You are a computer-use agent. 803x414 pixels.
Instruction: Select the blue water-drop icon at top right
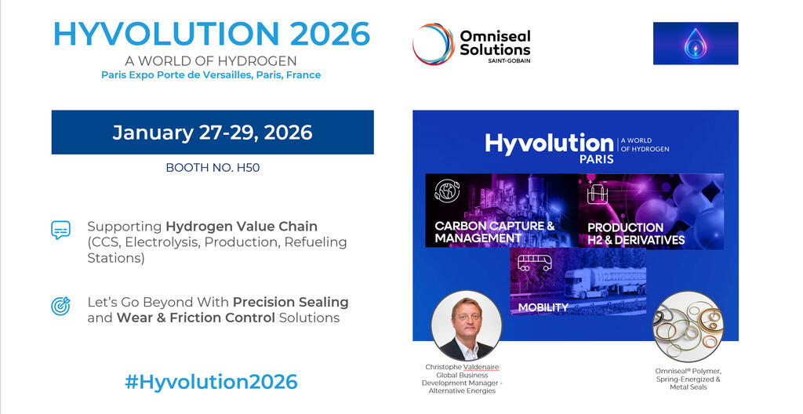click(x=695, y=43)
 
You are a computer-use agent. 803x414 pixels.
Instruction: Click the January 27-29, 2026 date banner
click(x=213, y=132)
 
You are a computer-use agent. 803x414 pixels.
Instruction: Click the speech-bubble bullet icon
click(x=60, y=230)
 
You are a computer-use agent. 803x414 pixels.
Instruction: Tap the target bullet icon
click(x=60, y=306)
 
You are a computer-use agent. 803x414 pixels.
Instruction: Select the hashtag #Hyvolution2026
click(x=212, y=382)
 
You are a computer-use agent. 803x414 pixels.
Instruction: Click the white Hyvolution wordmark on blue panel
click(x=548, y=143)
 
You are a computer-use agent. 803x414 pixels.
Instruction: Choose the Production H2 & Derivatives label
click(x=636, y=234)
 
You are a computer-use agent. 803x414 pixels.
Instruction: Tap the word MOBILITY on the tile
click(x=543, y=307)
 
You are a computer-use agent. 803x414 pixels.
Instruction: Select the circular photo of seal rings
click(x=688, y=326)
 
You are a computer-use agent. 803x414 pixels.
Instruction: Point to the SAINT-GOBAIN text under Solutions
click(x=507, y=60)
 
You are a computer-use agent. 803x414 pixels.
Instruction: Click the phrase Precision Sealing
click(x=290, y=302)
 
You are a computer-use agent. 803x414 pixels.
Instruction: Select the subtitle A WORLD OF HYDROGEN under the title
click(x=211, y=60)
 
